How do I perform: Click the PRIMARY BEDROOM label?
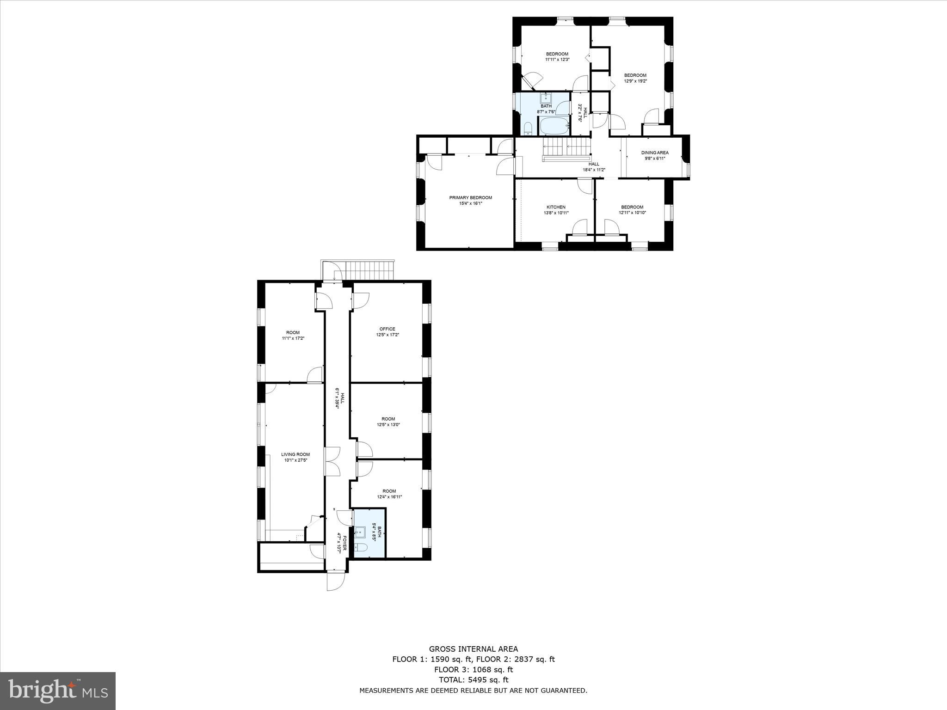(470, 197)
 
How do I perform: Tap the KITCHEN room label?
(556, 207)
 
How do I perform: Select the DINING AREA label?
(654, 153)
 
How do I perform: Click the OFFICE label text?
(387, 329)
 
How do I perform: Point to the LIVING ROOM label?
(295, 454)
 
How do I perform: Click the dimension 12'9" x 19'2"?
(635, 81)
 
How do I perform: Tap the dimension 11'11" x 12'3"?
(557, 60)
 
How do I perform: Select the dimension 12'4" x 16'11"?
(389, 497)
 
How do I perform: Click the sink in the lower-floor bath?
(361, 533)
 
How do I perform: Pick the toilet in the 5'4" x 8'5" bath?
(361, 548)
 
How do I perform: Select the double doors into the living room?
(332, 461)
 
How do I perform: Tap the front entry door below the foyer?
(336, 581)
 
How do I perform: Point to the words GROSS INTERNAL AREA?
(473, 649)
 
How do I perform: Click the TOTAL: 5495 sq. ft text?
(473, 679)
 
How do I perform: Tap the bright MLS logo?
(58, 691)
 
